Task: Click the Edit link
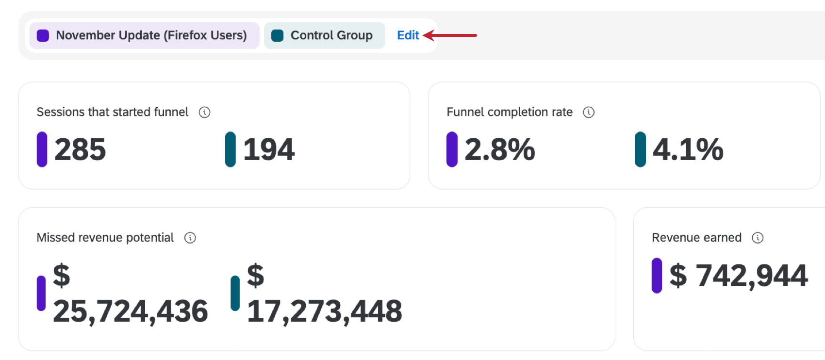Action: point(408,35)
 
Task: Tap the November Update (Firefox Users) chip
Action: point(144,35)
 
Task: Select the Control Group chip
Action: point(324,35)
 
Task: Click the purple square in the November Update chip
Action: point(43,35)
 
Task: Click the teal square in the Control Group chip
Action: point(278,35)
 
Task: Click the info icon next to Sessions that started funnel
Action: point(204,113)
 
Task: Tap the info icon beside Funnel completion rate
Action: point(589,113)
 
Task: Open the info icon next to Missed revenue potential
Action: point(190,238)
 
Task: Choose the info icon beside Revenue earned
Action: point(758,238)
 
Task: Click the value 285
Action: point(80,149)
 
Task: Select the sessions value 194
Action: point(269,149)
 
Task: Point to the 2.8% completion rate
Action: point(500,149)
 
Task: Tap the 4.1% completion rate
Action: point(688,149)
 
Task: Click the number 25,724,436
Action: point(131,311)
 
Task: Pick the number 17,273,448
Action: point(325,311)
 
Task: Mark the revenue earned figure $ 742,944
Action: point(739,276)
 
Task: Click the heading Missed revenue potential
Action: point(105,238)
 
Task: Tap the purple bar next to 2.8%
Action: point(452,149)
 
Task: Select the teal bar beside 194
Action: point(231,149)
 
